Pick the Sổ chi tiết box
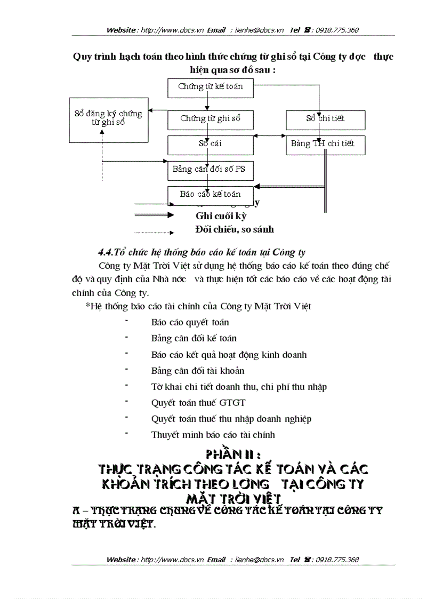[325, 119]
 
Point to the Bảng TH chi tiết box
[325, 144]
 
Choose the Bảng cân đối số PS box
[210, 170]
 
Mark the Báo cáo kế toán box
[210, 195]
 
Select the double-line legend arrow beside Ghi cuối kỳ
[154, 215]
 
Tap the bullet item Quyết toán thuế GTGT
[198, 403]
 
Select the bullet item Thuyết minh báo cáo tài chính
[213, 435]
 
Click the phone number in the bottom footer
[337, 560]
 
